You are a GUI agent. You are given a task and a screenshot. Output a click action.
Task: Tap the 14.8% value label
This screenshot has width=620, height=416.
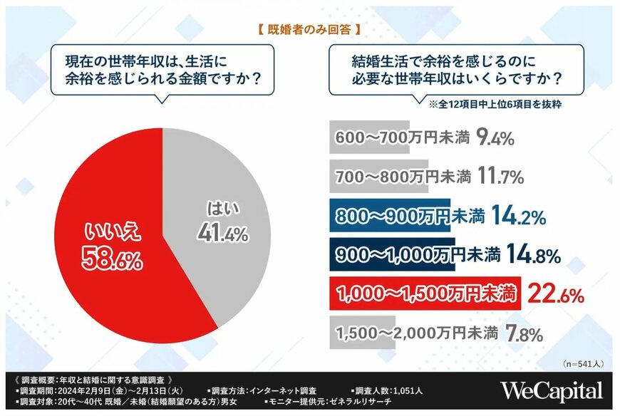pos(532,254)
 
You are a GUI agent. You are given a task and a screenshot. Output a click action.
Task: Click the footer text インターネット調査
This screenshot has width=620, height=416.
pos(281,390)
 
